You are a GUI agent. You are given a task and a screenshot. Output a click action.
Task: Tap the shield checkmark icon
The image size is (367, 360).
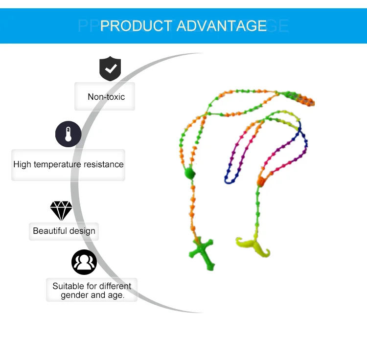(110, 68)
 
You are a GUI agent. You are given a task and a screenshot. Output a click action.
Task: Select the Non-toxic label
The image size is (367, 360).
(106, 97)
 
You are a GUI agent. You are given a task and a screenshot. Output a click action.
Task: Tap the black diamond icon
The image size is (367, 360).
(61, 211)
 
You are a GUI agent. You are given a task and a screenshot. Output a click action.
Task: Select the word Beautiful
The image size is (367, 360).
(50, 231)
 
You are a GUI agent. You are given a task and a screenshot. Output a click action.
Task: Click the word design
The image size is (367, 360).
(83, 231)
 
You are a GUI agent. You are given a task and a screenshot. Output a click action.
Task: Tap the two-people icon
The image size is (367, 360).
(84, 262)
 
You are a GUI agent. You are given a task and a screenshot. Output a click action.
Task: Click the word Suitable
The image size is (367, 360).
(69, 286)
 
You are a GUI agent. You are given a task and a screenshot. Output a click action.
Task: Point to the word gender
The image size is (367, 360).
(75, 295)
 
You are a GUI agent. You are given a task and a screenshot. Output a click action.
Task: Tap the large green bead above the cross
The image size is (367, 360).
(189, 173)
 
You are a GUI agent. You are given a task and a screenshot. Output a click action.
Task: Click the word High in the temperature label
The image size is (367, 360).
(22, 164)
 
